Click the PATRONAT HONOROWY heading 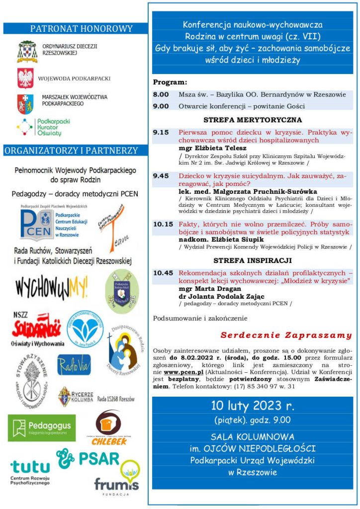coord(82,29)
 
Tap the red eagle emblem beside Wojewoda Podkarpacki coord(26,78)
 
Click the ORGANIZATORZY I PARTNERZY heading coord(71,150)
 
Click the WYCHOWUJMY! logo coord(51,287)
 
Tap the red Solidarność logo coord(37,328)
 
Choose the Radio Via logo coord(74,364)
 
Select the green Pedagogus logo coord(42,426)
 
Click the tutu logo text coord(30,467)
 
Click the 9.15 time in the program coord(161,132)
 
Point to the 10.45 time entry coord(163,273)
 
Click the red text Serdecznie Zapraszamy coord(286,335)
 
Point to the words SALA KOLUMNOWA coord(253,437)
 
